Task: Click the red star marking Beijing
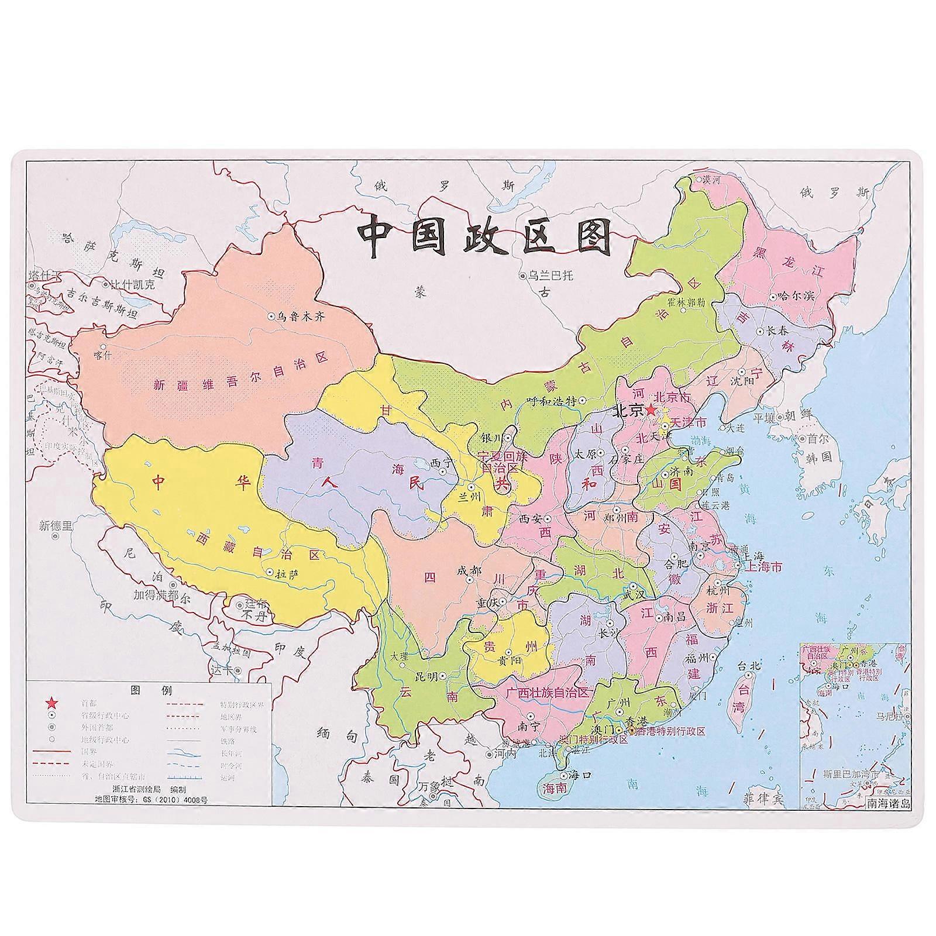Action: (x=651, y=410)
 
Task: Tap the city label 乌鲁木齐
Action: (x=300, y=316)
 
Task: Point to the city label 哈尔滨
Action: (x=799, y=297)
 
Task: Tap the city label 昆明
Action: (x=426, y=676)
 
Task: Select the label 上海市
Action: (x=763, y=567)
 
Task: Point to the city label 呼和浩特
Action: (x=552, y=401)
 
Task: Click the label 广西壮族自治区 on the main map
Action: (x=548, y=692)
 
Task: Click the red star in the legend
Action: (x=53, y=703)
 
